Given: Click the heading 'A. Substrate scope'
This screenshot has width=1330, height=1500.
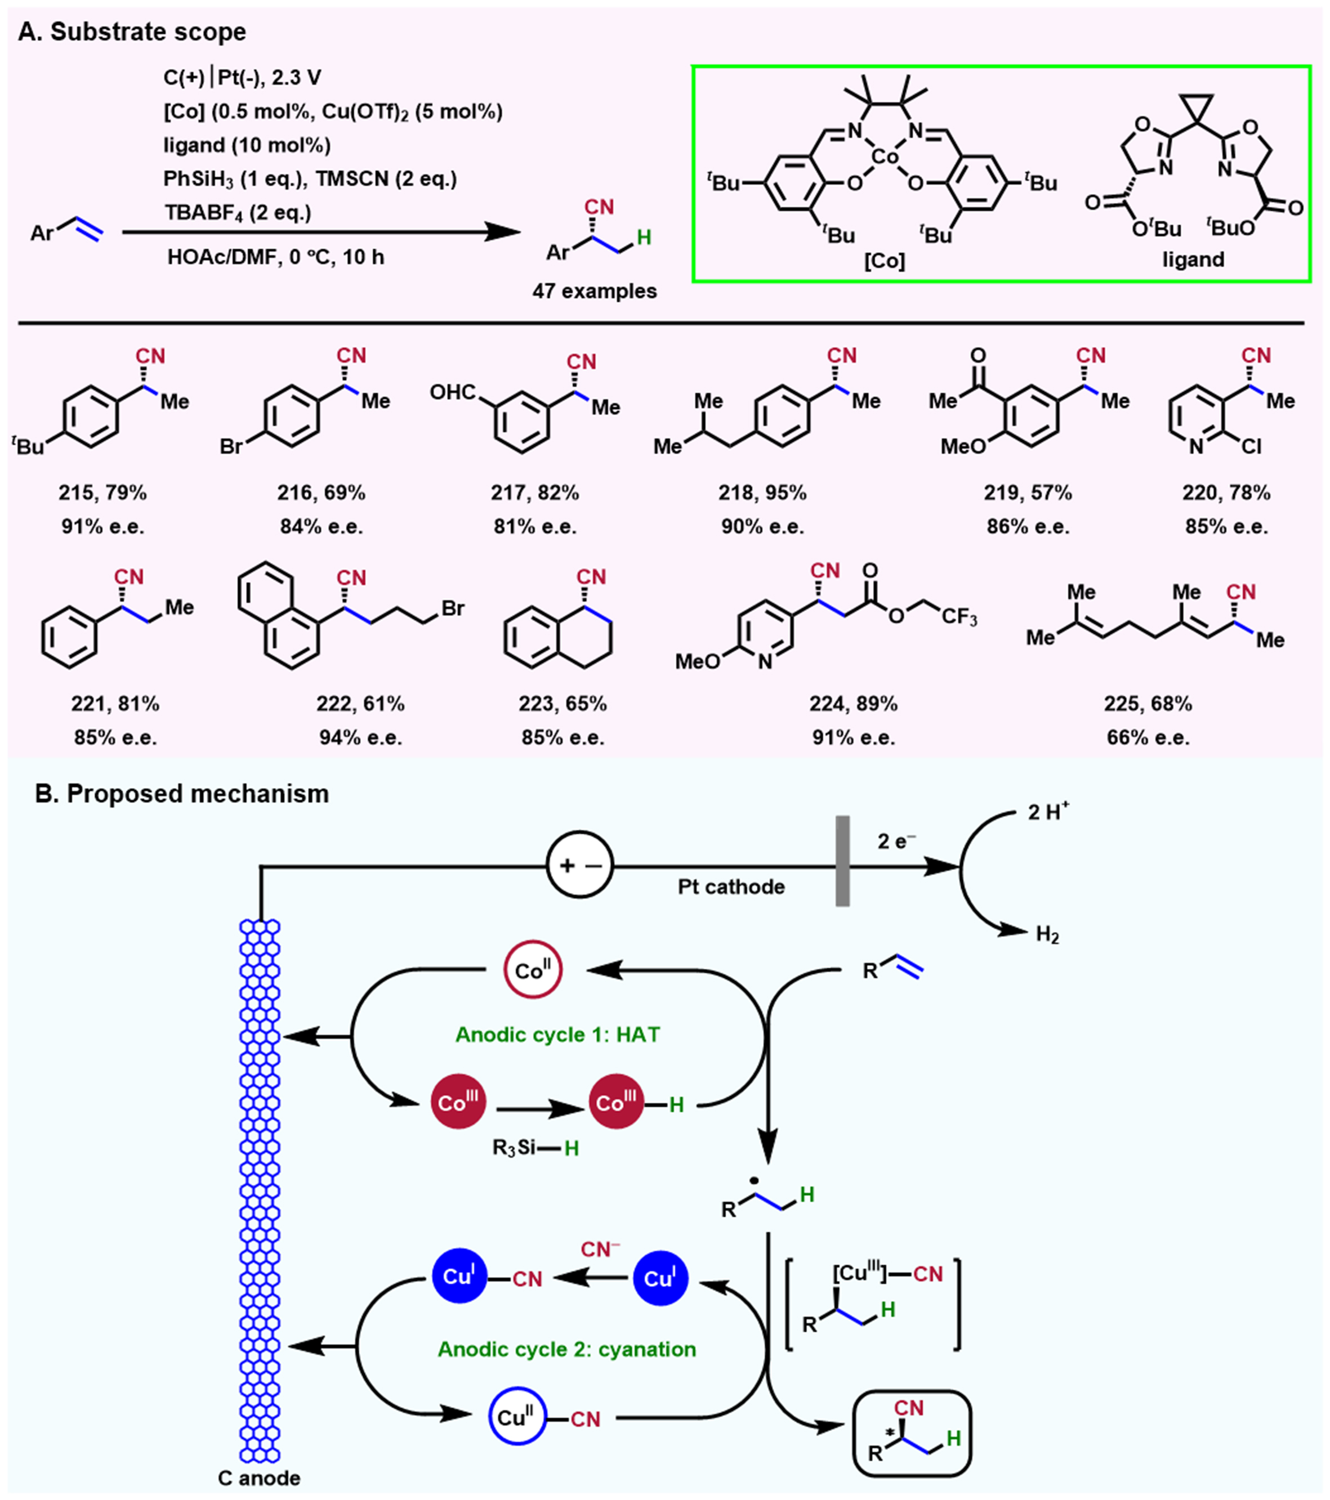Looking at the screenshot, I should point(132,32).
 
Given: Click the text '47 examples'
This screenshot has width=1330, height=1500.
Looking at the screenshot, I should point(594,292).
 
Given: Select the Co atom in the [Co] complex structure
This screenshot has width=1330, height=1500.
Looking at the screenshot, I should point(885,157).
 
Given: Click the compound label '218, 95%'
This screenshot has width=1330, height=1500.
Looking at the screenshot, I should point(762,492).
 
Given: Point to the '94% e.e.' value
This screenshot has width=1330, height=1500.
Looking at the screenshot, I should point(360,737).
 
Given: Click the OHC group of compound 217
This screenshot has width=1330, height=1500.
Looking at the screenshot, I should point(452,393).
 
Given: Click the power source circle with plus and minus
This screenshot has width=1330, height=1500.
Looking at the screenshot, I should point(580,866).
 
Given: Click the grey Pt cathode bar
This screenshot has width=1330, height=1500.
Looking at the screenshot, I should point(842,861).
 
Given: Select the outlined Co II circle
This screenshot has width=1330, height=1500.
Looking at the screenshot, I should point(533,970).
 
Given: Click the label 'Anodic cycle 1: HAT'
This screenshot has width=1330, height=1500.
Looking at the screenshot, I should point(558,1035).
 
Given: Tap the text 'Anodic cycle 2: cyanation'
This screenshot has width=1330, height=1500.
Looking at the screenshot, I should point(566,1349).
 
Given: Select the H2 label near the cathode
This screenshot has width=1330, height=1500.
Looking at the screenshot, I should point(1047,935).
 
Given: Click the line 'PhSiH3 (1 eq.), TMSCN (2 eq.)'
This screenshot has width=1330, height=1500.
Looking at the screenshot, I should point(310,179).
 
